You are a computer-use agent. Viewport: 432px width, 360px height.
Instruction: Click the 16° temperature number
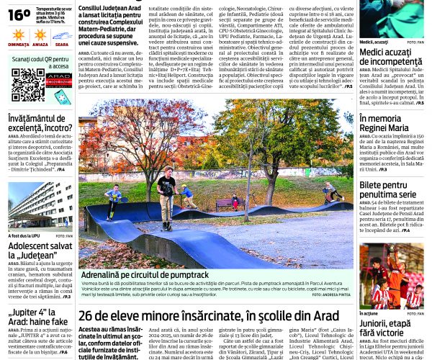pyautogui.click(x=19, y=14)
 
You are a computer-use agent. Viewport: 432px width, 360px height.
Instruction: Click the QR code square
pyautogui.click(x=27, y=84)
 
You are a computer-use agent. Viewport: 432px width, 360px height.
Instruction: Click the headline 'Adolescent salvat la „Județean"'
pyautogui.click(x=40, y=251)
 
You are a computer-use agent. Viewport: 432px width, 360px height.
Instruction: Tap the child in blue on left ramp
pyautogui.click(x=113, y=200)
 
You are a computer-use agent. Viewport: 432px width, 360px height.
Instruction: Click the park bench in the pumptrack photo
pyautogui.click(x=226, y=204)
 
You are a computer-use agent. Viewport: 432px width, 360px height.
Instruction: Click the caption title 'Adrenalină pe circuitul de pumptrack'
pyautogui.click(x=145, y=275)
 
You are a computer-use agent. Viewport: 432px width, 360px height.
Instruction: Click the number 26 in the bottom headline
pyautogui.click(x=87, y=315)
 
